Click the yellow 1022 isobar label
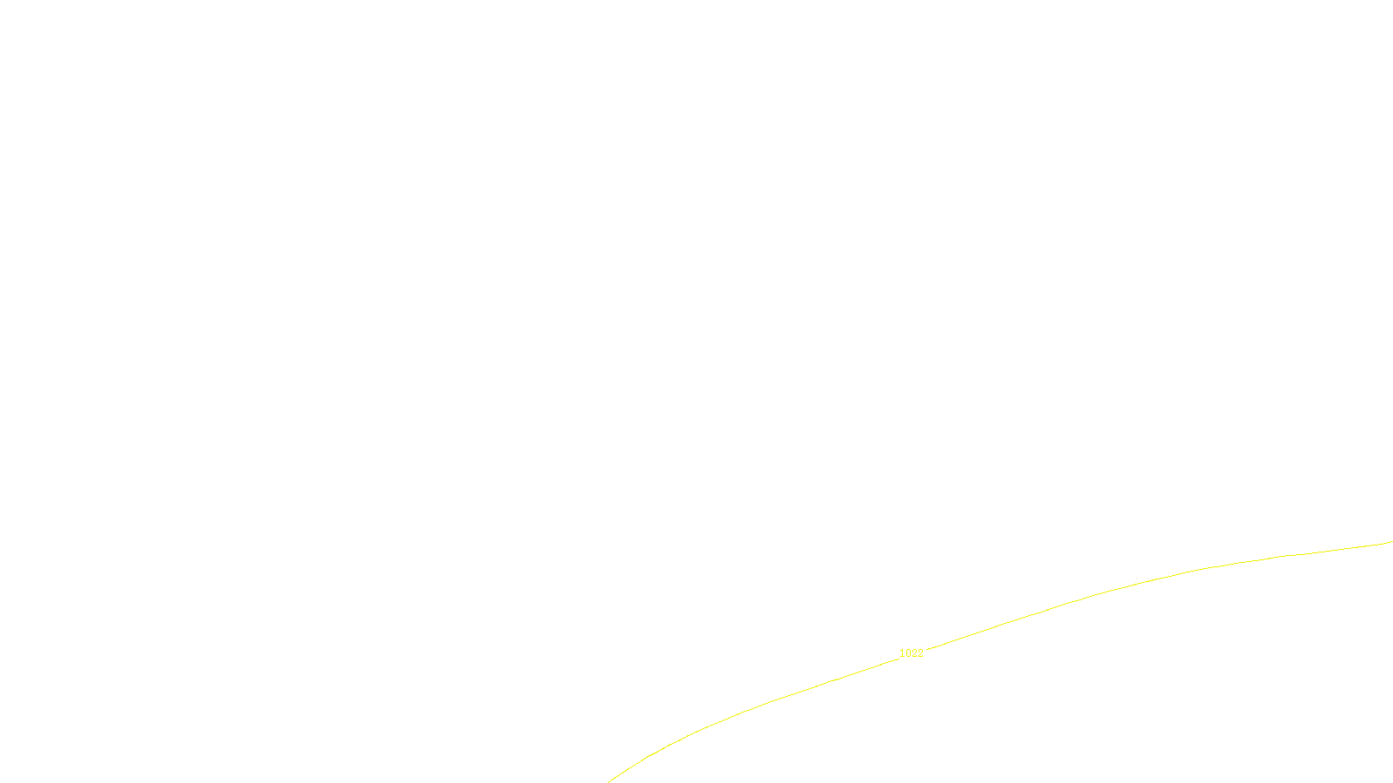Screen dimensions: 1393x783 911,653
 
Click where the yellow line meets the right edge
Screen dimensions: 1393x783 1391,542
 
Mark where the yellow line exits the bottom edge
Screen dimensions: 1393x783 609,781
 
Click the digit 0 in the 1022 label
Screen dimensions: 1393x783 908,653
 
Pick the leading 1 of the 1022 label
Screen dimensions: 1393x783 902,653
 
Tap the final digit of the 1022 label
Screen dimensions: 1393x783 920,653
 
